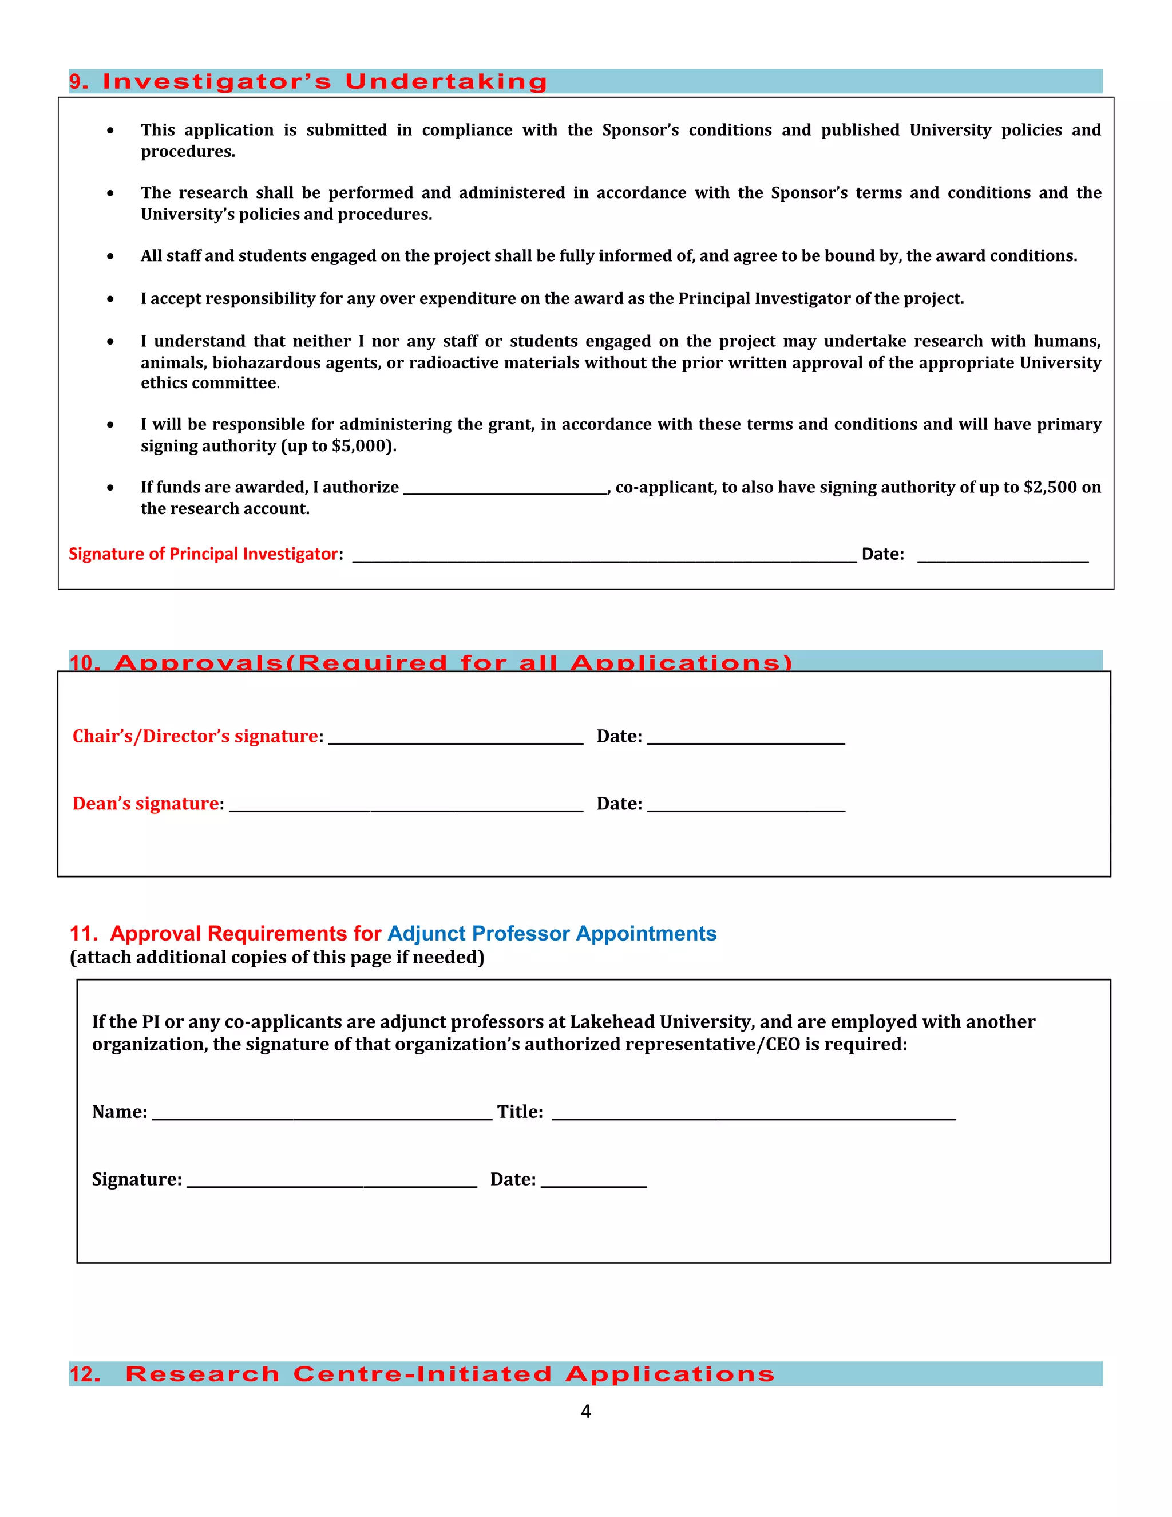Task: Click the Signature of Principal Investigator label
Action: (203, 554)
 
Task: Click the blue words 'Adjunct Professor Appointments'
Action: (551, 933)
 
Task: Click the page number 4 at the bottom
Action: (585, 1412)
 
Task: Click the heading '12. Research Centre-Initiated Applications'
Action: (449, 1374)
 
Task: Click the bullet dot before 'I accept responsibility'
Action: (110, 299)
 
